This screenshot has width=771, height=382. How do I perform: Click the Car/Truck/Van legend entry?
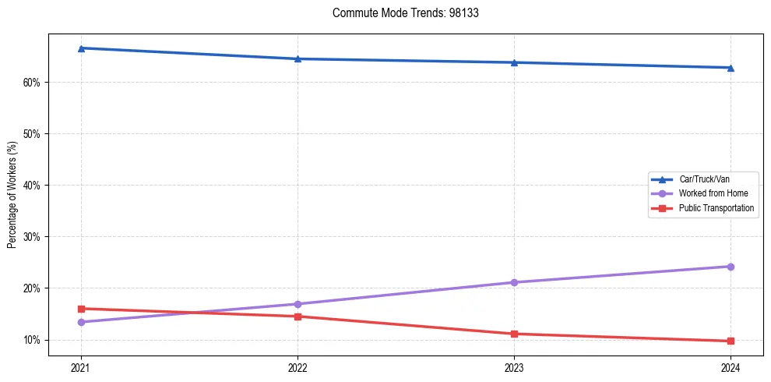pos(704,179)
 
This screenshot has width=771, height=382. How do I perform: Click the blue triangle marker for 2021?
pos(81,48)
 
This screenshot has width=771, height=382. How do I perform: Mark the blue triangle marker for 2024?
pos(731,68)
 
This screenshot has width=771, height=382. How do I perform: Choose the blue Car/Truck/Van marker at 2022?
pos(297,58)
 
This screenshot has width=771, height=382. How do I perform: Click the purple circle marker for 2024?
pos(731,267)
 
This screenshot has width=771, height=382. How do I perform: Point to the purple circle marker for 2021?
pos(81,322)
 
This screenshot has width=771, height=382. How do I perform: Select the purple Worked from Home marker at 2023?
pos(514,282)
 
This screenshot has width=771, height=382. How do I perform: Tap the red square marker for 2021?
pos(81,309)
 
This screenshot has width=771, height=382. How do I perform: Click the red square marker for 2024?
pos(731,341)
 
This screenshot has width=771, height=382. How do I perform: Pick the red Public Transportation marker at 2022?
pos(297,317)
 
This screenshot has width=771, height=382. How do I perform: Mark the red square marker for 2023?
pos(514,334)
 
